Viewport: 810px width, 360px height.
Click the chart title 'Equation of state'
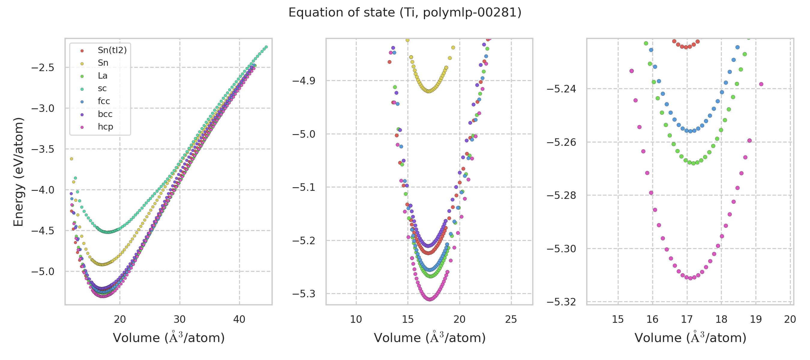405,13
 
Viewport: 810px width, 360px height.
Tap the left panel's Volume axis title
169,338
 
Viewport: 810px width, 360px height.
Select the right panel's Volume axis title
690,338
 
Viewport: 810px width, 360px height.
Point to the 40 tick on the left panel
239,319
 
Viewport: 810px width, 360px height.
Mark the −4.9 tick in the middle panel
304,81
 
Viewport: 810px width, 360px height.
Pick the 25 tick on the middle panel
511,319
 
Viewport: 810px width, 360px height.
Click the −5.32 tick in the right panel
561,302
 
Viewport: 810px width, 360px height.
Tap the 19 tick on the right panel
756,319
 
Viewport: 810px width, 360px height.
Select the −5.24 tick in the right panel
561,89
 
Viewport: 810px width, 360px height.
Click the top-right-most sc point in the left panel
266,47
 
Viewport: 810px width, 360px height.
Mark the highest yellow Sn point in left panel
71,159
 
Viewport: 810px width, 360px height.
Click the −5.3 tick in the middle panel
304,294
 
